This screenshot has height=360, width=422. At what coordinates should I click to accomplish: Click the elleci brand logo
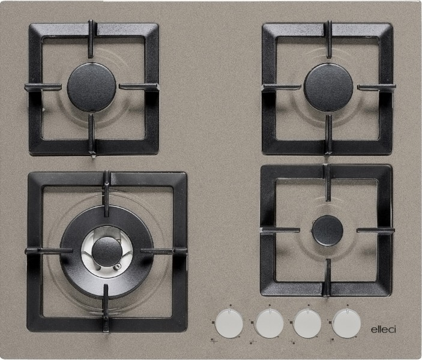384,329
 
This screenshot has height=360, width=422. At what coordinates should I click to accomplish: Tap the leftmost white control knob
229,323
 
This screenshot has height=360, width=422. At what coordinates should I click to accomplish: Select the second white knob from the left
270,323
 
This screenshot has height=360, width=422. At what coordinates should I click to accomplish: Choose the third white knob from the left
307,323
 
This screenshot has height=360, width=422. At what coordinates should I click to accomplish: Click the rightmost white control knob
346,323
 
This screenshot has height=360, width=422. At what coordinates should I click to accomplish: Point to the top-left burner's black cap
91,87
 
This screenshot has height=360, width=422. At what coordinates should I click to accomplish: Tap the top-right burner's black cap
328,88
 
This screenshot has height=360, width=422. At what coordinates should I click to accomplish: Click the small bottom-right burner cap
328,230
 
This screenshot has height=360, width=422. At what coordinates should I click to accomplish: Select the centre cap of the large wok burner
107,252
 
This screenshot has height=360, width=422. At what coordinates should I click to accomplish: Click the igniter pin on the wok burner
117,267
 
